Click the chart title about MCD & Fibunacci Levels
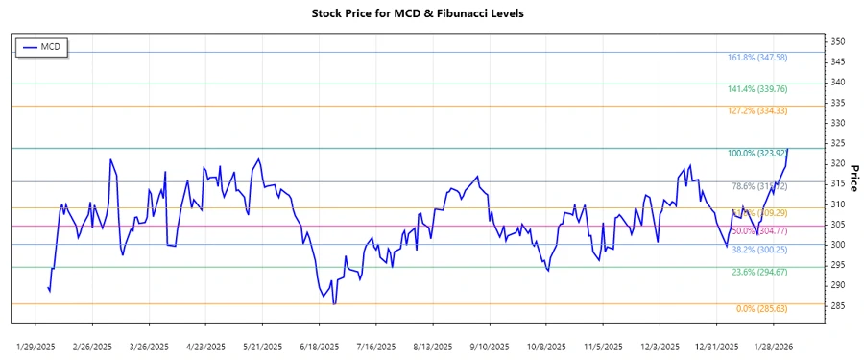point(431,13)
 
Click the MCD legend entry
point(42,46)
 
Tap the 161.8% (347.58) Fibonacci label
point(757,58)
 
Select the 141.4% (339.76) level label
point(757,89)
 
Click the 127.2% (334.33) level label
point(757,111)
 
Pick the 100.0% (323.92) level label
point(757,154)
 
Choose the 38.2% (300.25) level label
point(757,250)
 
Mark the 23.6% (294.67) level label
point(757,273)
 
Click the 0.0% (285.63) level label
point(761,309)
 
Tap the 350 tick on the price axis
point(811,42)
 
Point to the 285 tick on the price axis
point(811,306)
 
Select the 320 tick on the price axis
point(811,164)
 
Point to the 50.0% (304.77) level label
point(757,231)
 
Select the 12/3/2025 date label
point(660,346)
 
